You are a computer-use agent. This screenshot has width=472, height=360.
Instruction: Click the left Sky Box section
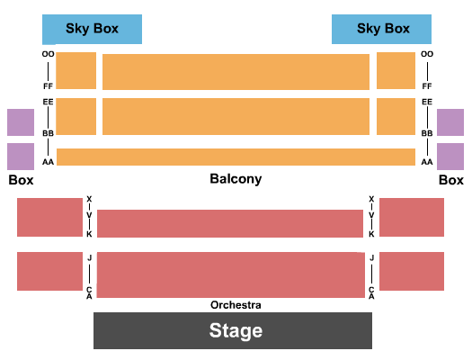click(x=92, y=29)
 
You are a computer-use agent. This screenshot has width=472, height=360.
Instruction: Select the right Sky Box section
click(x=381, y=29)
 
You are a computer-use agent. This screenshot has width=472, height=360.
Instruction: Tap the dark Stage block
click(x=233, y=330)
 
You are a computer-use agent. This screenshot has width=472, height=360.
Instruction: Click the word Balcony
click(x=236, y=179)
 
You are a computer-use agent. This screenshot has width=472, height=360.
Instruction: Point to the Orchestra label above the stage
click(x=236, y=305)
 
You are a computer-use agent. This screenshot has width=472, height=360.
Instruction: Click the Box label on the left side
click(x=21, y=180)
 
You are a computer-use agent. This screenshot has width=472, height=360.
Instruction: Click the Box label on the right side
click(x=451, y=180)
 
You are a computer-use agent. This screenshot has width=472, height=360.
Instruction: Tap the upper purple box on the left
click(x=21, y=122)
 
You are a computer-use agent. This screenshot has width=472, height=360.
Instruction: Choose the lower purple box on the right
click(x=450, y=157)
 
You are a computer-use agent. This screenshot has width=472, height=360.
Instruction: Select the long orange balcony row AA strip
click(x=236, y=157)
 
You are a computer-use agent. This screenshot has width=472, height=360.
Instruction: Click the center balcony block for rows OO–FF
click(x=236, y=72)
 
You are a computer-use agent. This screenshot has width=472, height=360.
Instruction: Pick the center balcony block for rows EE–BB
click(x=236, y=117)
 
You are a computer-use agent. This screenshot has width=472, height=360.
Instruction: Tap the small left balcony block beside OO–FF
click(x=76, y=71)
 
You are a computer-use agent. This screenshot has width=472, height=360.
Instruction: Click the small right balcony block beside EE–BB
click(x=396, y=117)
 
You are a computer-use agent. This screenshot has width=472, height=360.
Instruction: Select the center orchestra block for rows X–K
click(x=230, y=223)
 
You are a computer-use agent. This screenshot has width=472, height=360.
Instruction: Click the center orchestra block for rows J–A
click(x=230, y=274)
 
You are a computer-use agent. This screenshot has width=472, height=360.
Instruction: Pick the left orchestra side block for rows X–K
click(x=49, y=217)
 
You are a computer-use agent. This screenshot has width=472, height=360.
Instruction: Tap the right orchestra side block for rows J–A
click(x=412, y=272)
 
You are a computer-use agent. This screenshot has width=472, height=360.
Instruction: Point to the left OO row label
click(x=48, y=54)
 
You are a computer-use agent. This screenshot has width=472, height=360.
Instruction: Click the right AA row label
click(x=427, y=162)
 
